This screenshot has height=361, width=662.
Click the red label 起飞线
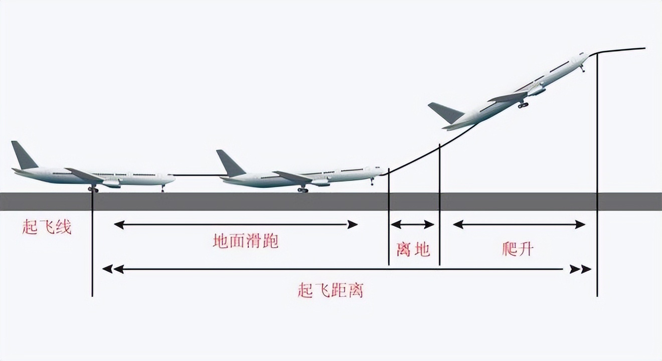pyautogui.click(x=47, y=228)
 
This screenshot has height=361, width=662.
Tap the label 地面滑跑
pyautogui.click(x=246, y=241)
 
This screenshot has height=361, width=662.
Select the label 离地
pyautogui.click(x=413, y=249)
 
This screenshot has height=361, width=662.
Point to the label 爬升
pyautogui.click(x=518, y=249)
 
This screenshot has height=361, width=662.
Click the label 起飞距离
pyautogui.click(x=330, y=290)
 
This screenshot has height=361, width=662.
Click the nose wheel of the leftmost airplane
pyautogui.click(x=162, y=189)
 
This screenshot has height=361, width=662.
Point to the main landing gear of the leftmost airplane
pyautogui.click(x=93, y=189)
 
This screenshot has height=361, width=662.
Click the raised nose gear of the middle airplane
pyautogui.click(x=372, y=182)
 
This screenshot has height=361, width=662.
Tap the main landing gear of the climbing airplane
pyautogui.click(x=523, y=104)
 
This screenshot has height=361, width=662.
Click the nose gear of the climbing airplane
pyautogui.click(x=582, y=69)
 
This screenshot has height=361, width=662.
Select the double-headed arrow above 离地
pyautogui.click(x=413, y=225)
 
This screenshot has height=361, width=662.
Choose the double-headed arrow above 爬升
pyautogui.click(x=519, y=225)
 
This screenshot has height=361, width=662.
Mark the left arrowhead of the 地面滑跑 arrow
pyautogui.click(x=119, y=225)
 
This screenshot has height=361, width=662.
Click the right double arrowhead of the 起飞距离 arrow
pyautogui.click(x=580, y=269)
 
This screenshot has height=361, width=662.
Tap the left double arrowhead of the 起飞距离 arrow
pyautogui.click(x=113, y=269)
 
